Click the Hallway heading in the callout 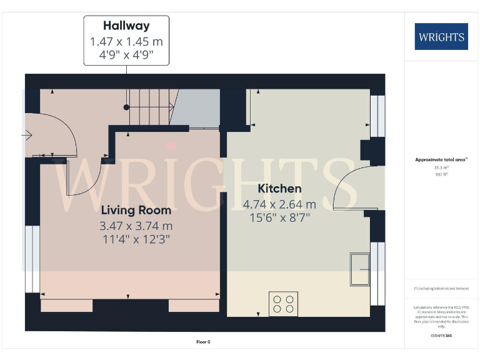pos(127,26)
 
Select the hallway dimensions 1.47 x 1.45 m pos(127,41)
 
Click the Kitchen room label pos(279,188)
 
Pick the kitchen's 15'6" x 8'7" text pos(279,217)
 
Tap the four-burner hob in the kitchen pos(282,303)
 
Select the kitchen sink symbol pos(359,267)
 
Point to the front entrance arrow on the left pos(28,134)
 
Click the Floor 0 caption pos(204,342)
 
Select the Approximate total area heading pos(440,160)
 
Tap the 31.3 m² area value pos(440,167)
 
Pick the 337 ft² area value pos(440,174)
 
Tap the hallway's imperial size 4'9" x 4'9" pos(127,54)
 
